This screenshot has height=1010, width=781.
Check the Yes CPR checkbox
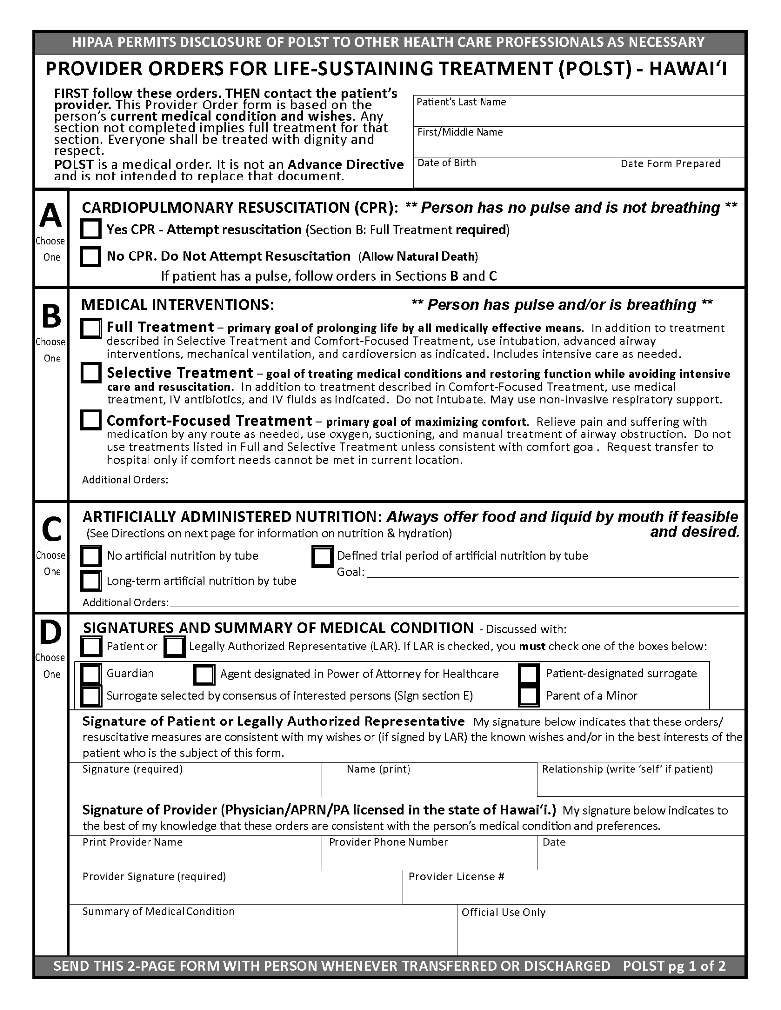coord(91,229)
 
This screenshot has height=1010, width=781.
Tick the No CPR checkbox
coord(91,256)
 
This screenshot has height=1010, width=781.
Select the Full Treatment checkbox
coord(91,328)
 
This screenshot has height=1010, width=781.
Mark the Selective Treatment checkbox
coord(91,373)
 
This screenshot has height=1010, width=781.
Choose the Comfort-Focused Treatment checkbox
coord(91,420)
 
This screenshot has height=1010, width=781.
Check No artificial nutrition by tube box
coord(91,556)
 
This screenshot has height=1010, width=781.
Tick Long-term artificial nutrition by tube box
coord(91,580)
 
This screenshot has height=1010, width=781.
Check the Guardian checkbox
coord(91,674)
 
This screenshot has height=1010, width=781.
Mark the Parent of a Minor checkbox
coord(529,696)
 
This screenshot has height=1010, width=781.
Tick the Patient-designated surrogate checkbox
coord(529,673)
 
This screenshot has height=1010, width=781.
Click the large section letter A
coord(51,216)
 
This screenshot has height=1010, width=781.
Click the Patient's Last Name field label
coord(461,102)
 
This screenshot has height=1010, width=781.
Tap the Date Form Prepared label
coord(670,164)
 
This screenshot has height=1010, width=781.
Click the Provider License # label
coord(456,876)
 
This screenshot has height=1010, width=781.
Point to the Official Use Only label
coord(503,912)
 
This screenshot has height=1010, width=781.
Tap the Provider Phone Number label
coord(388,842)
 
